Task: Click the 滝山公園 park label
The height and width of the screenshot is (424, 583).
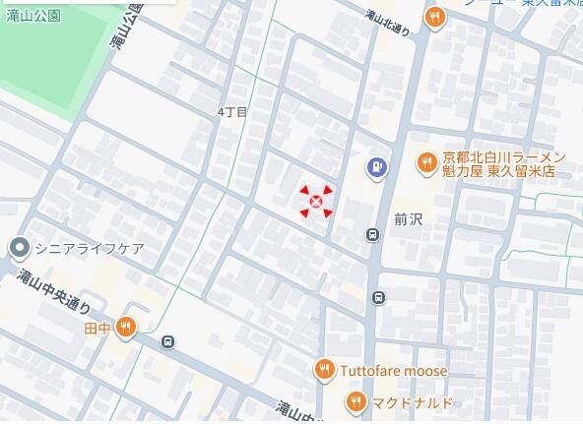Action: [x=33, y=15]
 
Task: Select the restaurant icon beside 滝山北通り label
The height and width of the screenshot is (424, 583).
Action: [x=434, y=16]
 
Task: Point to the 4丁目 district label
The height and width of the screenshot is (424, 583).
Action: [x=232, y=112]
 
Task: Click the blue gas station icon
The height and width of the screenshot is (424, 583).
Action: [x=376, y=168]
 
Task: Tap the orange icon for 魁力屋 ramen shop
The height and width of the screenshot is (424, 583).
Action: [x=426, y=163]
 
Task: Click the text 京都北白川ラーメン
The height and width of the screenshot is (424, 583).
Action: [x=502, y=156]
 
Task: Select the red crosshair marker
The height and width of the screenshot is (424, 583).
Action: [x=316, y=203]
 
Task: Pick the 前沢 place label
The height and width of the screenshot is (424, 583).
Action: [x=407, y=218]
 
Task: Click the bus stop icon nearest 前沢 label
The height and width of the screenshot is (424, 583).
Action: [x=372, y=234]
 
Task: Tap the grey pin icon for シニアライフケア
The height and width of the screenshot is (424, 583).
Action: [x=18, y=246]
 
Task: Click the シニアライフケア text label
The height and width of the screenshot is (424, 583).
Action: [x=90, y=247]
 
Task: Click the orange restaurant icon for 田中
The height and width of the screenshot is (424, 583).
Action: [x=125, y=328]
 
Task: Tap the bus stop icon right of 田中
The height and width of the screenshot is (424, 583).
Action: [x=168, y=342]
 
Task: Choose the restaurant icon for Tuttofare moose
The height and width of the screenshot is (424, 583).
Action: [x=324, y=370]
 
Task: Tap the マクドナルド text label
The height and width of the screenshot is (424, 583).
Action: [x=414, y=402]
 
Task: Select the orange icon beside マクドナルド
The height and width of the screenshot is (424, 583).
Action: [x=356, y=401]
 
